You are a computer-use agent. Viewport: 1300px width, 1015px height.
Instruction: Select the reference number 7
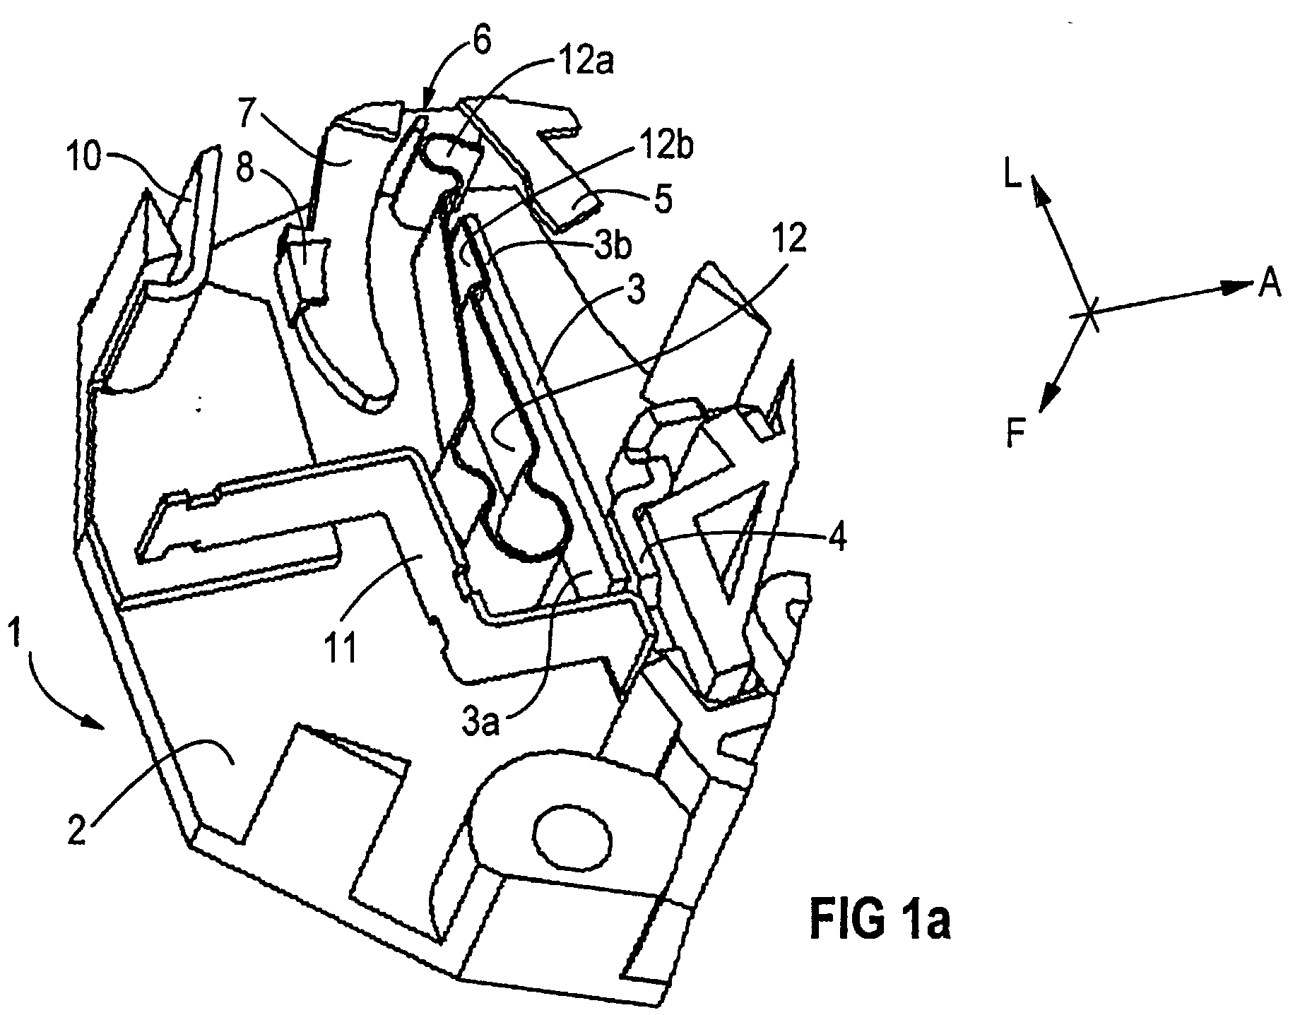click(x=247, y=115)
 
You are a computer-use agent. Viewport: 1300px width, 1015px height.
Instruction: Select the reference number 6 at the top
click(x=480, y=44)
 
